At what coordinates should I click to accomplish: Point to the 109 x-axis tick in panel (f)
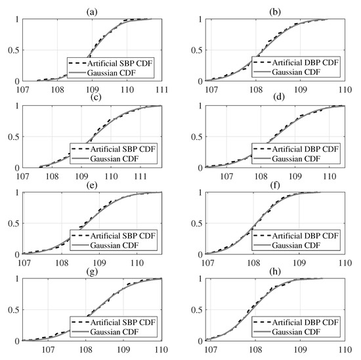[x=299, y=263]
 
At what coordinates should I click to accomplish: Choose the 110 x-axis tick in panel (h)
[x=345, y=349]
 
